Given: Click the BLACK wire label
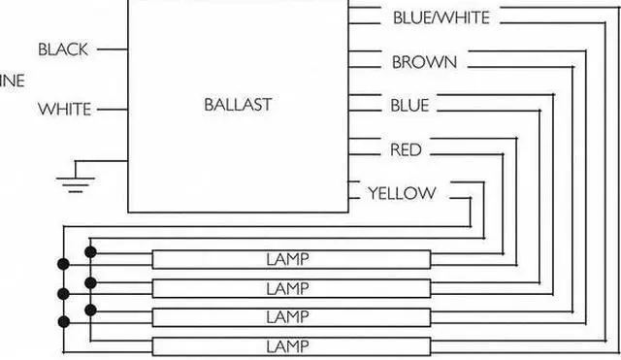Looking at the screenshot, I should pyautogui.click(x=64, y=49).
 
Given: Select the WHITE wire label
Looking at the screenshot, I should pyautogui.click(x=64, y=110).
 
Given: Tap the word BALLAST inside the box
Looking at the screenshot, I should pyautogui.click(x=238, y=104).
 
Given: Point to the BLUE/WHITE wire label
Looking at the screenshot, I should pyautogui.click(x=441, y=17).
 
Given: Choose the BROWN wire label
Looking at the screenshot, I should pyautogui.click(x=424, y=62).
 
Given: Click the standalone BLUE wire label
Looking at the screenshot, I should pyautogui.click(x=409, y=105).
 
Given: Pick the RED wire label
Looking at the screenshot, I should pyautogui.click(x=405, y=149).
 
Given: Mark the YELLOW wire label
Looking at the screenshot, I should pyautogui.click(x=402, y=193).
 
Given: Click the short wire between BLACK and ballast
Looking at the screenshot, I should pyautogui.click(x=113, y=49).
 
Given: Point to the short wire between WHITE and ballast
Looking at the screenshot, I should pyautogui.click(x=113, y=110).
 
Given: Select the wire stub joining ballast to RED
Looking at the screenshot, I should pyautogui.click(x=365, y=149).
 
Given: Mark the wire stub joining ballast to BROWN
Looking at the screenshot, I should pyautogui.click(x=365, y=62).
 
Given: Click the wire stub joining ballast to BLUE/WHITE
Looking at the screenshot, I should pyautogui.click(x=365, y=17).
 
